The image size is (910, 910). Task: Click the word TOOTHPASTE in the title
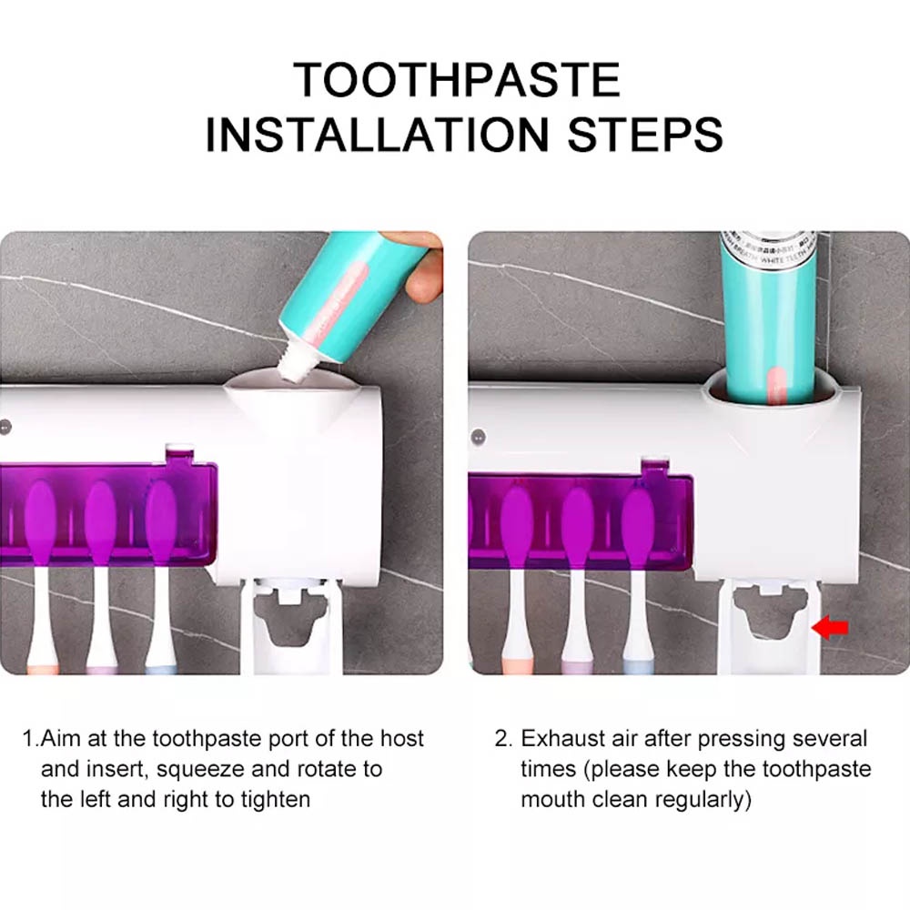pyautogui.click(x=457, y=79)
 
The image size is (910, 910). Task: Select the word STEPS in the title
pyautogui.click(x=645, y=135)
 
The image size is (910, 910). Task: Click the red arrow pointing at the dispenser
pyautogui.click(x=830, y=627)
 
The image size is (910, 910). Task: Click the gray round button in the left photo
pyautogui.click(x=5, y=428)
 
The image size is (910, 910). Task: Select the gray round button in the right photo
pyautogui.click(x=479, y=437)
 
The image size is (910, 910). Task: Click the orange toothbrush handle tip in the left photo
pyautogui.click(x=43, y=669)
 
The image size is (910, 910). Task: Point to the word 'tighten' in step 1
pyautogui.click(x=276, y=800)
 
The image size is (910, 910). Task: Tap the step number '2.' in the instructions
pyautogui.click(x=504, y=739)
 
